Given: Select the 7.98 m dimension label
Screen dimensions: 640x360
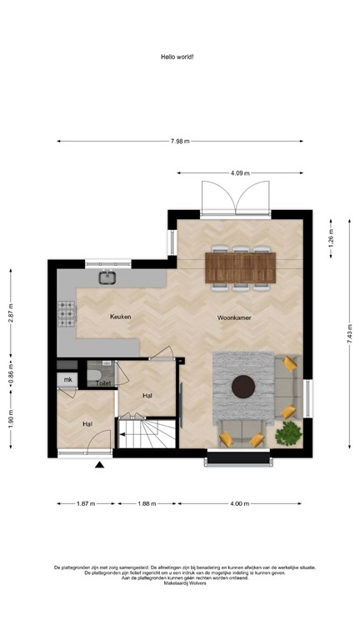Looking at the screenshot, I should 179,141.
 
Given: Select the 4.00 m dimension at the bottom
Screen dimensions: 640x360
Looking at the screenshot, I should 240,503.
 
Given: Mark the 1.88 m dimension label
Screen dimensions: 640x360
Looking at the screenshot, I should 147,503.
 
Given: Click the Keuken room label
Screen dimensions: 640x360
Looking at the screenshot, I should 121,317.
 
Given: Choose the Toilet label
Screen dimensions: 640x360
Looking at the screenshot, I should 103,382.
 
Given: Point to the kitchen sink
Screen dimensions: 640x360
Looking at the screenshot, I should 108,278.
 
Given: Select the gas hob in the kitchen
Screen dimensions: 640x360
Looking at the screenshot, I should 67,313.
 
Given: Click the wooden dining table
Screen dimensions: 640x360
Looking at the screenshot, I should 242,267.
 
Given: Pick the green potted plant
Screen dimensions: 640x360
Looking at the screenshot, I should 288,432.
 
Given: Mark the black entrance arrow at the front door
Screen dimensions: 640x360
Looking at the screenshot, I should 100,465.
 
